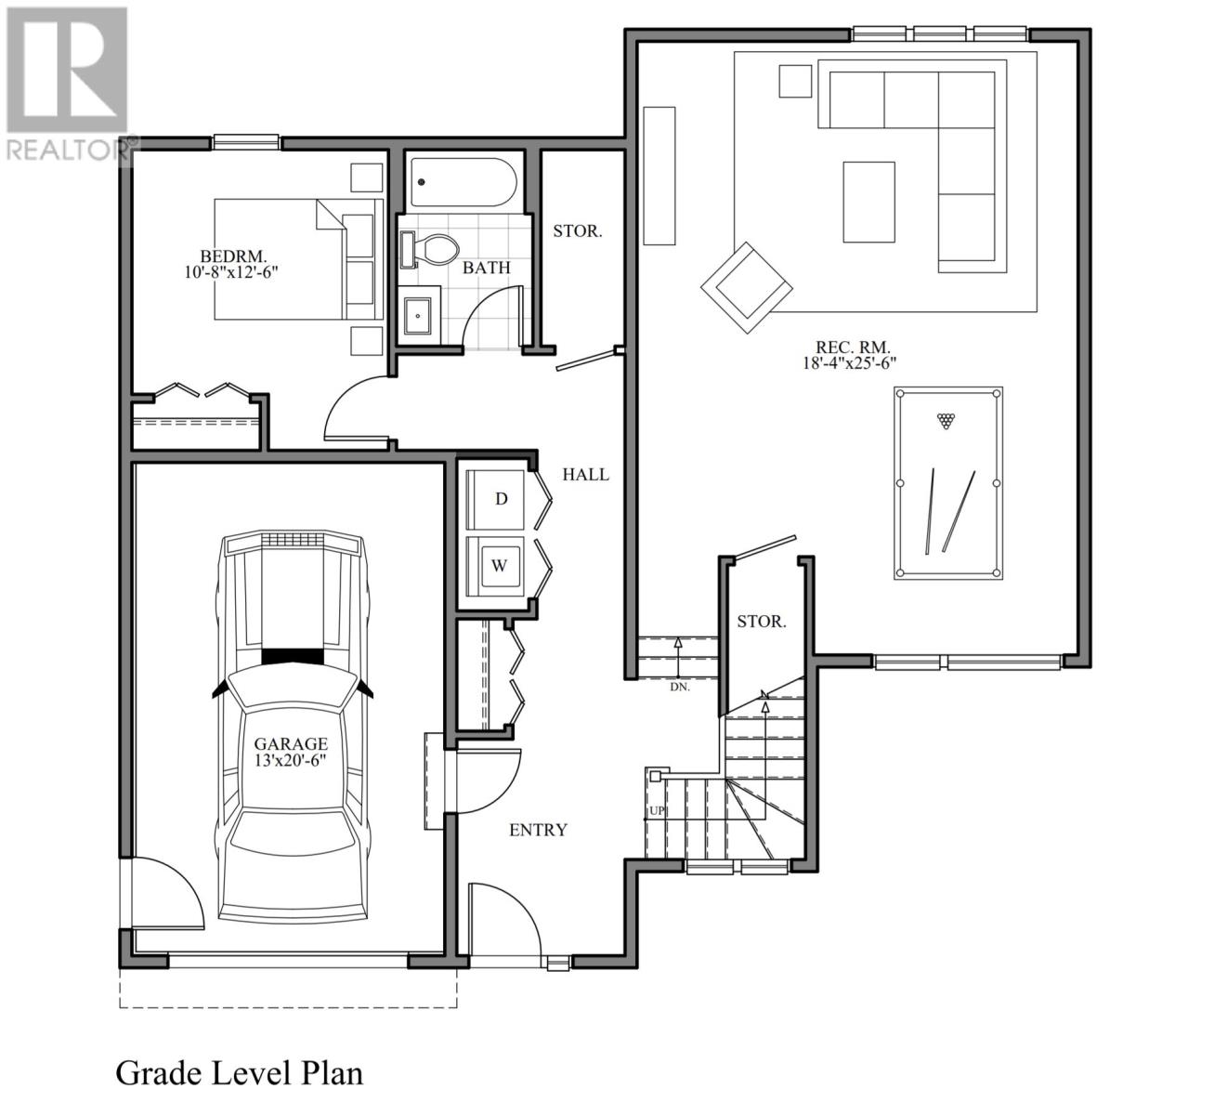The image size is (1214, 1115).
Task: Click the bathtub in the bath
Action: click(x=463, y=182)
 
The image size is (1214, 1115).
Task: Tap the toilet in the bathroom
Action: click(x=437, y=249)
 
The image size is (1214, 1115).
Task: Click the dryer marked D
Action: click(x=500, y=499)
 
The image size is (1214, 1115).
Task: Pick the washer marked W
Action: click(x=499, y=565)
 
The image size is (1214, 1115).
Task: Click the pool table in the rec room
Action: click(x=948, y=483)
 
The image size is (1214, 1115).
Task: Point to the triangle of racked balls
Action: click(x=946, y=420)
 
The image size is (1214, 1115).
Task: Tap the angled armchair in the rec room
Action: click(x=747, y=287)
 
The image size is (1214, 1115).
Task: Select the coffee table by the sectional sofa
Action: click(x=868, y=202)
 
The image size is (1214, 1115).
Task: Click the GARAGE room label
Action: click(x=291, y=743)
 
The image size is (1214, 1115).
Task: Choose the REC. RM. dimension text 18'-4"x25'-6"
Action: click(x=849, y=364)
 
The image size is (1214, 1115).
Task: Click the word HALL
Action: click(x=585, y=475)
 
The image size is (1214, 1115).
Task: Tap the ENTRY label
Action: click(x=538, y=830)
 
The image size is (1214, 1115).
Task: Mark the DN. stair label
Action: click(x=679, y=688)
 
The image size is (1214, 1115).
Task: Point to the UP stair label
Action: click(x=657, y=811)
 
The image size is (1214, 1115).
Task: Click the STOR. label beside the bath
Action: click(x=577, y=230)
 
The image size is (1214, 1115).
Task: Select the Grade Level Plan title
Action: click(x=239, y=1072)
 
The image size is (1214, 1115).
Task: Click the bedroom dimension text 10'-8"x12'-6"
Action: click(x=232, y=272)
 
